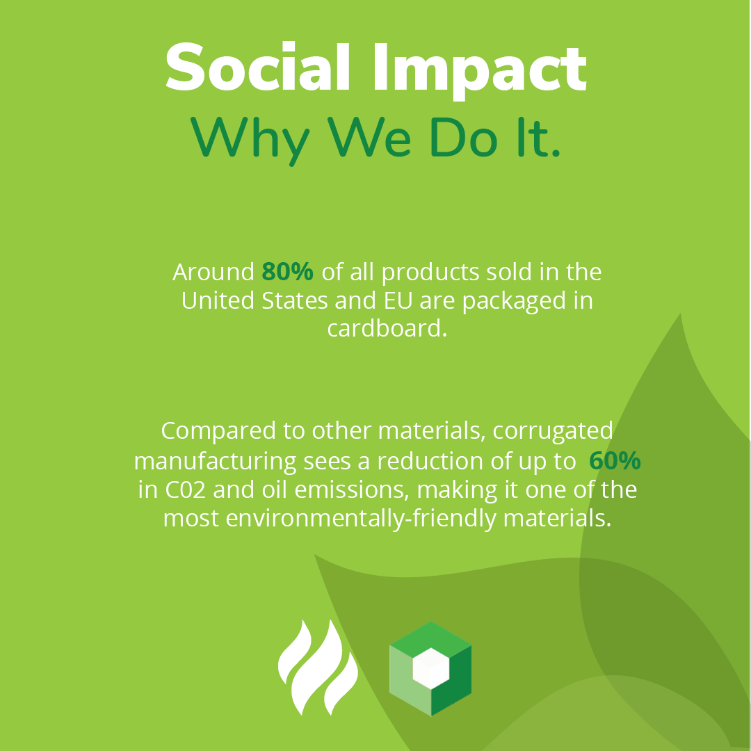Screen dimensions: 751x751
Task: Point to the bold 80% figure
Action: point(287,272)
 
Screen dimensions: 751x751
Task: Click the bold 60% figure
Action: point(615,460)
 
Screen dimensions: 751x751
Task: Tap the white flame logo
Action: point(318,668)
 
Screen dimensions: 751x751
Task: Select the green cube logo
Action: point(430,668)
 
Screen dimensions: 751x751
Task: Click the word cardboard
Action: point(386,328)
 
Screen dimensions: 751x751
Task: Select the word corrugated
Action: point(553,431)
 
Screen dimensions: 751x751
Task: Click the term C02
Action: point(186,490)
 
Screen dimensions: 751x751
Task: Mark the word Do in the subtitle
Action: point(460,137)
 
